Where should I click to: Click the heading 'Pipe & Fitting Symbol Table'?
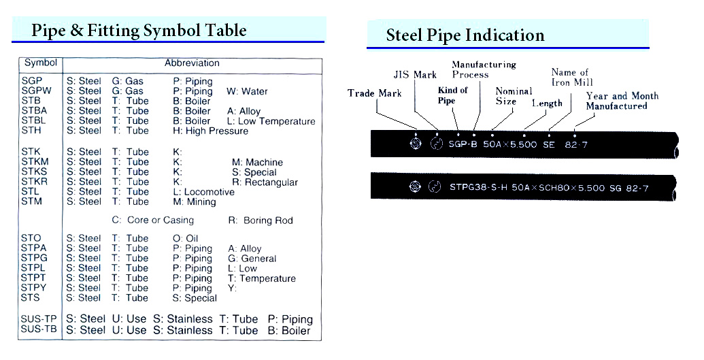pyautogui.click(x=139, y=31)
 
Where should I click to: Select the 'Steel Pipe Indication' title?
pyautogui.click(x=465, y=35)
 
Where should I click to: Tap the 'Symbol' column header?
pyautogui.click(x=40, y=63)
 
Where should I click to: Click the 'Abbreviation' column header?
pyautogui.click(x=192, y=63)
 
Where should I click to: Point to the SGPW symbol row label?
pyautogui.click(x=36, y=91)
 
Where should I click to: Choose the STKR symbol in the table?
pyautogui.click(x=34, y=182)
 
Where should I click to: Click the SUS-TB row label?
pyautogui.click(x=39, y=329)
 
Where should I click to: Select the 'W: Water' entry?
pyautogui.click(x=247, y=91)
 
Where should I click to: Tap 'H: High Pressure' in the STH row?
pyautogui.click(x=211, y=131)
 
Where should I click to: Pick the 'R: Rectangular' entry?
pyautogui.click(x=265, y=182)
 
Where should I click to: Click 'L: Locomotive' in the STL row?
pyautogui.click(x=204, y=192)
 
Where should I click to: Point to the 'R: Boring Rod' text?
pyautogui.click(x=261, y=220)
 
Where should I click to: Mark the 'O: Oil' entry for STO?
pyautogui.click(x=186, y=238)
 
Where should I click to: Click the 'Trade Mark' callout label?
pyautogui.click(x=375, y=93)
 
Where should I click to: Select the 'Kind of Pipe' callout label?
pyautogui.click(x=453, y=95)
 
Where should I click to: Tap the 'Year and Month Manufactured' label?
pyautogui.click(x=622, y=101)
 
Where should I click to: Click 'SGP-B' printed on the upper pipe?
pyautogui.click(x=463, y=145)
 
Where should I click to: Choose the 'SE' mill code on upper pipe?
pyautogui.click(x=549, y=145)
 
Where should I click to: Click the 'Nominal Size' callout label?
pyautogui.click(x=514, y=96)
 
